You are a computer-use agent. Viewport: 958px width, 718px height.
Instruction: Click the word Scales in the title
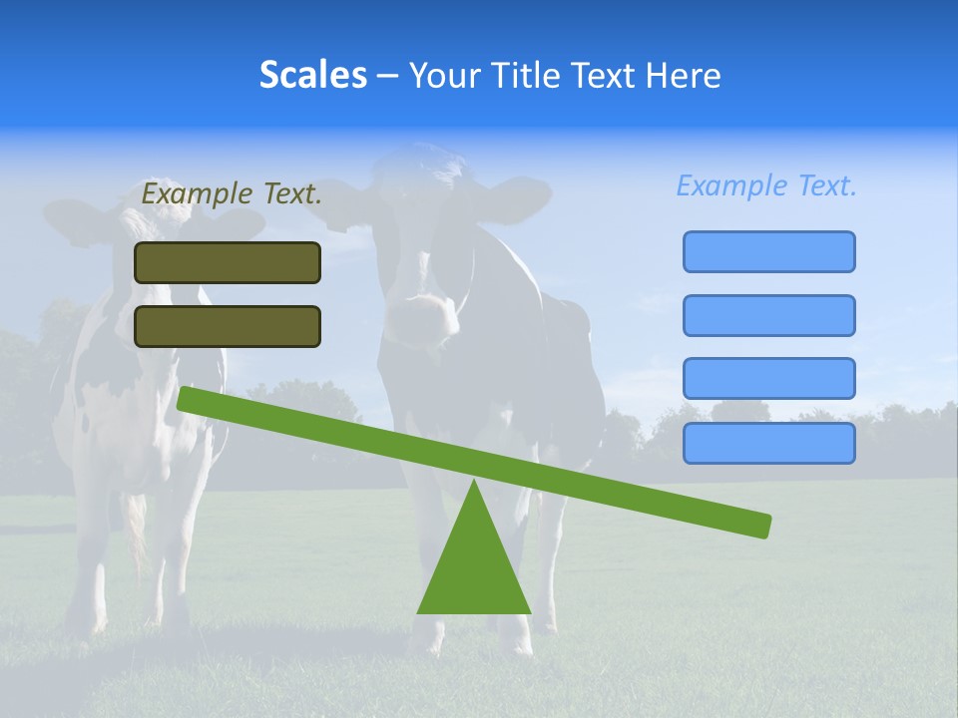(x=312, y=75)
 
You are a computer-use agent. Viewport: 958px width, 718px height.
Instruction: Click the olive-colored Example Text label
(x=232, y=194)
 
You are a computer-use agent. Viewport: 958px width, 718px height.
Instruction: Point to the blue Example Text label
(x=766, y=185)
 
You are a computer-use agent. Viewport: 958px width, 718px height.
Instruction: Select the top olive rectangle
(x=228, y=262)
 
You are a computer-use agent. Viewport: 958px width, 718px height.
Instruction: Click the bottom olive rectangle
(x=228, y=326)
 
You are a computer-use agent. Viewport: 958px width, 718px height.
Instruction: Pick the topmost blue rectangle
(x=768, y=251)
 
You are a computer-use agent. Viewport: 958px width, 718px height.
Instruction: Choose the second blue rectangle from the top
(x=768, y=315)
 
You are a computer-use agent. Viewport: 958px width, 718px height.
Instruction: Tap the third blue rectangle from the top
(x=768, y=379)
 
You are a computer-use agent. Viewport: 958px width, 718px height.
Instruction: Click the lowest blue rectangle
(x=768, y=443)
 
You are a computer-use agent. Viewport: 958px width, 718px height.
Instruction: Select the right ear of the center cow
(x=519, y=195)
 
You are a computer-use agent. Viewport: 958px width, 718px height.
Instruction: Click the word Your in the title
(x=444, y=75)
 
